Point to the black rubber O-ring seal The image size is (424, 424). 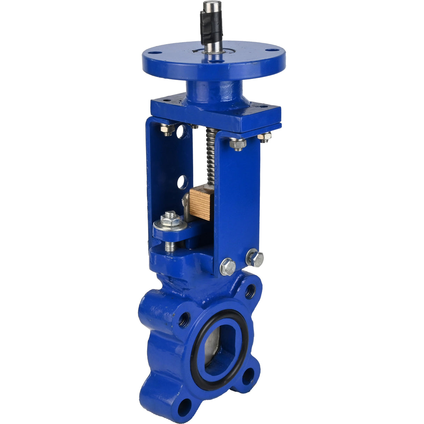coord(196,363)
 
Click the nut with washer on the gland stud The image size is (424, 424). coord(170,220)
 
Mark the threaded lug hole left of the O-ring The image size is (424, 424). coord(185,320)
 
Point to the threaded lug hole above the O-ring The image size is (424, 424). coord(250,291)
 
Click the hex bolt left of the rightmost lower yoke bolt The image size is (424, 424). coord(228,267)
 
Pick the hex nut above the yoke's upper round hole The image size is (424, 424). coord(168,129)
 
